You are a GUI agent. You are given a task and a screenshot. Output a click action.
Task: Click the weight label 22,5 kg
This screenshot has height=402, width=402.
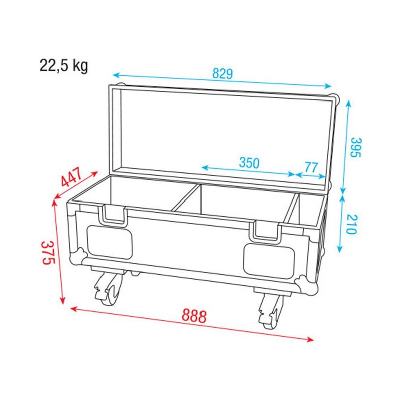[64, 65]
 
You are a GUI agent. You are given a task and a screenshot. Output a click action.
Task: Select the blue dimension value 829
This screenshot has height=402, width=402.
[222, 74]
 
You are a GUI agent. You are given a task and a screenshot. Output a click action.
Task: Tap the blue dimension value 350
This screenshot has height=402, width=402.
[249, 163]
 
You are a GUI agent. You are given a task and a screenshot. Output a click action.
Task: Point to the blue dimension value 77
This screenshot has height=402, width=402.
[311, 167]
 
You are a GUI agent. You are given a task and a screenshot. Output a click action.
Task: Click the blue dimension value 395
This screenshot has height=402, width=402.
[355, 147]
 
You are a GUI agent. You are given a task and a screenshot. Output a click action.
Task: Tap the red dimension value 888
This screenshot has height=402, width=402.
[194, 316]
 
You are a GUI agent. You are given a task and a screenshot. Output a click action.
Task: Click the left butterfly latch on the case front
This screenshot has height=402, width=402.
[114, 215]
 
